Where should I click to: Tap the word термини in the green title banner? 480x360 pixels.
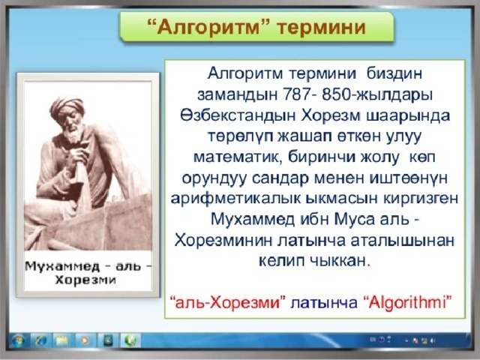(x=321, y=27)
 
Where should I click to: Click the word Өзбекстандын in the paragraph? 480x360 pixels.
(x=238, y=115)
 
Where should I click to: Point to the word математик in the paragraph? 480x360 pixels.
(x=235, y=157)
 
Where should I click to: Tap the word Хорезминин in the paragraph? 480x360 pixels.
(x=223, y=241)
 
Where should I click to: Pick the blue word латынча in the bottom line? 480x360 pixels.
(x=324, y=303)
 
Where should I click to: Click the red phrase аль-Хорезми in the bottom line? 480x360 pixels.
(x=227, y=302)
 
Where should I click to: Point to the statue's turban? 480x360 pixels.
(x=67, y=106)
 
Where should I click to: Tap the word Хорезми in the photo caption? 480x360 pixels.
(x=85, y=280)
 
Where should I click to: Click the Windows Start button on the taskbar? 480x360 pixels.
(x=18, y=340)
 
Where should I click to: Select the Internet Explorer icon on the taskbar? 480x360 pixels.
(x=40, y=340)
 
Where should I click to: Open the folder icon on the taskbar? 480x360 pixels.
(x=62, y=340)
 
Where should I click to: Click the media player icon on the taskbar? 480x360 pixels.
(x=85, y=340)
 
